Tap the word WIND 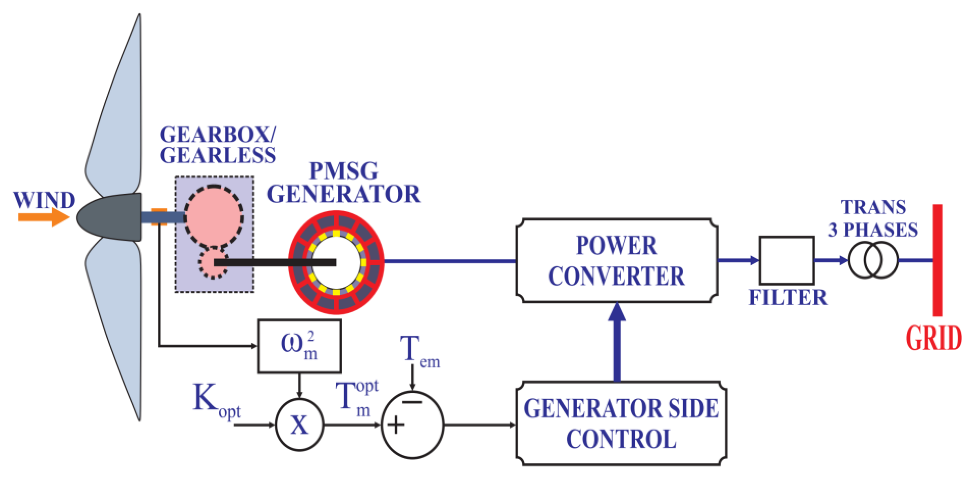pos(44,200)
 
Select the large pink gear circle pos(214,217)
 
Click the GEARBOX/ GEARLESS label pos(217,145)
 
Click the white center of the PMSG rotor pos(335,262)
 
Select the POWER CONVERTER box pos(616,261)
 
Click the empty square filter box pos(787,260)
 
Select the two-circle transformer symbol pos(873,260)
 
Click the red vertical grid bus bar pos(937,260)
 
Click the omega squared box pos(299,346)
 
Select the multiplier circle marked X pos(299,425)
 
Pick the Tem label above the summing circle pos(419,351)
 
